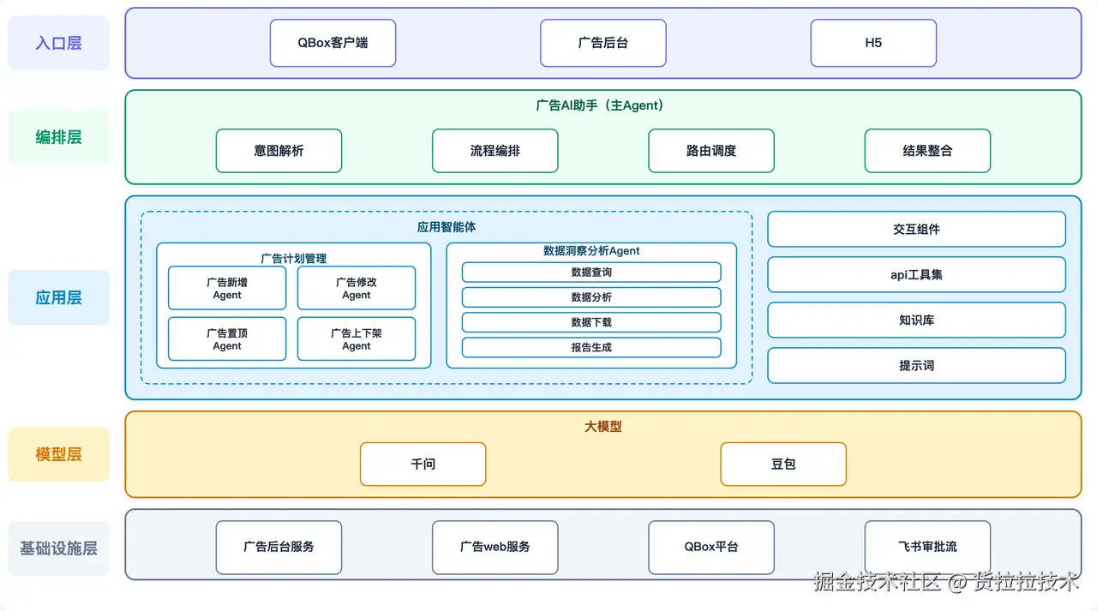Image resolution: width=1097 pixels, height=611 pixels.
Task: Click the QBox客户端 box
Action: tap(333, 43)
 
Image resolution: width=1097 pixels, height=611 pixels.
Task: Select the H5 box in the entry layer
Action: tap(873, 43)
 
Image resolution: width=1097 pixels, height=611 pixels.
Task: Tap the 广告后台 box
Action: tap(603, 43)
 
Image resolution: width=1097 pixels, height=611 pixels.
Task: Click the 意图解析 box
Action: tap(279, 151)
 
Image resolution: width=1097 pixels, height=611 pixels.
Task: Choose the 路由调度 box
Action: tap(711, 151)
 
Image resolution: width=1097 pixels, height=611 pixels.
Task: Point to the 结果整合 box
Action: tap(927, 151)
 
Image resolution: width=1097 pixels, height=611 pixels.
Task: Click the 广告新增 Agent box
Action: tap(227, 288)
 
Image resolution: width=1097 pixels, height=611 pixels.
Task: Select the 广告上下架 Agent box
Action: tap(357, 338)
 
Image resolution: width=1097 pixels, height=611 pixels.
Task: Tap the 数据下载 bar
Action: tap(591, 322)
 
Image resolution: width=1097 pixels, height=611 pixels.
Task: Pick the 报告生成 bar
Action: tap(591, 347)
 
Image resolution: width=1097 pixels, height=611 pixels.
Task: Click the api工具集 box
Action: tap(916, 275)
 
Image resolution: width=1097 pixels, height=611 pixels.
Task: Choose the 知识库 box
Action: tap(916, 320)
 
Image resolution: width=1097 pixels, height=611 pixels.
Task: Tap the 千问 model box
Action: tap(423, 464)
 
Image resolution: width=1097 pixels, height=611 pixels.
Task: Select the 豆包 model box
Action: tap(783, 464)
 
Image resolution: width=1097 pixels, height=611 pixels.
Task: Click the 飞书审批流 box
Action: tap(927, 548)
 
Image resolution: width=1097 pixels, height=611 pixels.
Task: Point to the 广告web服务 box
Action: tap(495, 548)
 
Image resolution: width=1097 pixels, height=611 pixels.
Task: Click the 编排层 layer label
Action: tap(59, 137)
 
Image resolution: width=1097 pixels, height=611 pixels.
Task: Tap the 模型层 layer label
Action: tap(59, 454)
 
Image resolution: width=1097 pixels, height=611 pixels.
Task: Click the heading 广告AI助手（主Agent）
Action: tap(600, 105)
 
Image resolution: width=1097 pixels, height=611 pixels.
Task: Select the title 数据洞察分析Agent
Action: tap(591, 251)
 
